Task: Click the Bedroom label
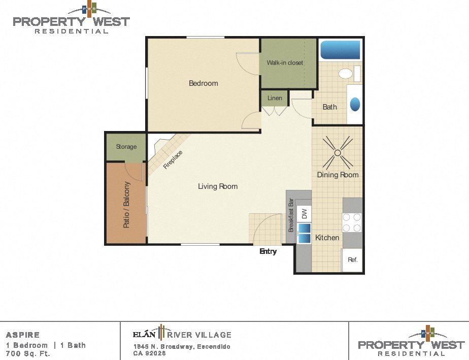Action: click(203, 83)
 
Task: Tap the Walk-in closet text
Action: click(285, 63)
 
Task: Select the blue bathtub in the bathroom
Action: click(340, 50)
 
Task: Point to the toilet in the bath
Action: click(346, 74)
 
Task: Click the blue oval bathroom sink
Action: click(355, 104)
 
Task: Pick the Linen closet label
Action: click(275, 97)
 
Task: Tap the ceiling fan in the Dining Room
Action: click(338, 152)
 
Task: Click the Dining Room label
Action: click(338, 175)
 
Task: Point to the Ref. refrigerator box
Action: click(353, 259)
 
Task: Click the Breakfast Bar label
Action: click(291, 214)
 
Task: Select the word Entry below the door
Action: click(268, 251)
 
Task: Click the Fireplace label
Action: click(173, 159)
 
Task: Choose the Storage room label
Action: click(126, 147)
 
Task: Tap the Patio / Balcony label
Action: click(126, 205)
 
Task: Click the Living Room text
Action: click(218, 186)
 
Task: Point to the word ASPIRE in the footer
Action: click(23, 335)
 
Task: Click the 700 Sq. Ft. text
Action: click(28, 354)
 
